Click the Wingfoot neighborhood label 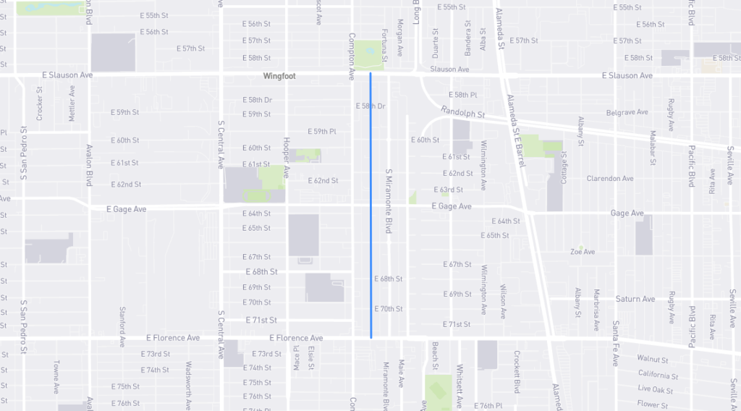(279, 76)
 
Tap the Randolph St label (463, 114)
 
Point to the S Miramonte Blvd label (389, 202)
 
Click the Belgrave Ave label (627, 113)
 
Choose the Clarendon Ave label (610, 179)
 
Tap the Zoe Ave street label (583, 252)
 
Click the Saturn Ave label (635, 299)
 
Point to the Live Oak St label (655, 390)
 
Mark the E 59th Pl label (322, 132)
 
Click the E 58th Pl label (463, 95)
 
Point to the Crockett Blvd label (517, 371)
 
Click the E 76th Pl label (488, 405)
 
